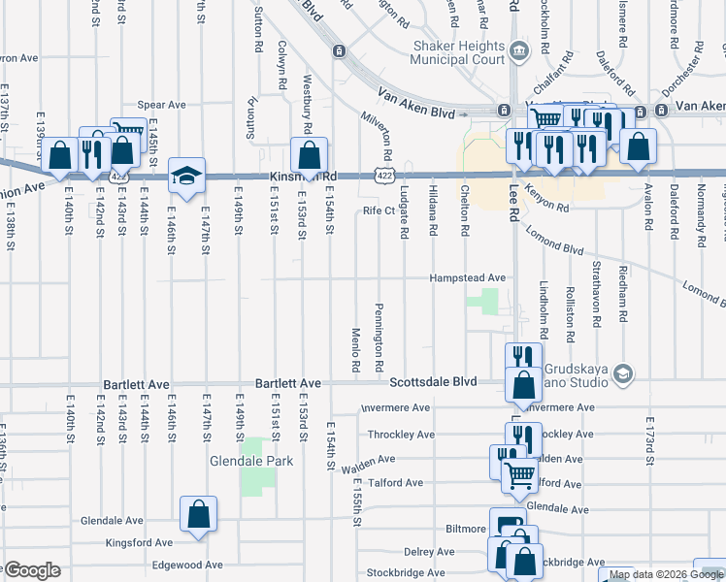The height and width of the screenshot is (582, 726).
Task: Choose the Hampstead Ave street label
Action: pyautogui.click(x=470, y=278)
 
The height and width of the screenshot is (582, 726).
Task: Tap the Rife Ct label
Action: pyautogui.click(x=379, y=210)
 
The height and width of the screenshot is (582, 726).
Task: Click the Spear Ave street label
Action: pyautogui.click(x=161, y=105)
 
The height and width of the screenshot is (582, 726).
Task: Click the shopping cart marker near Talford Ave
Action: pyautogui.click(x=519, y=474)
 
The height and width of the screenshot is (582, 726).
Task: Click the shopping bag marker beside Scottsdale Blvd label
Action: pyautogui.click(x=523, y=384)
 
